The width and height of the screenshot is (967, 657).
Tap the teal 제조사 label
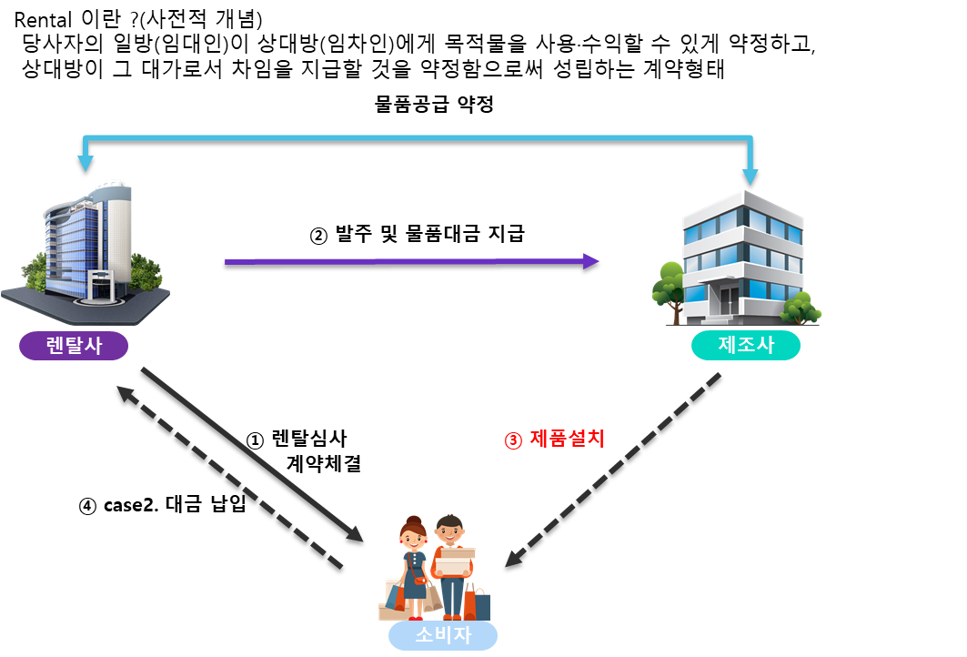tap(745, 346)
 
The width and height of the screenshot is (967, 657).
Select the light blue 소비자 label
tap(443, 635)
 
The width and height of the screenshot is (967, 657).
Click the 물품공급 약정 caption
tap(434, 105)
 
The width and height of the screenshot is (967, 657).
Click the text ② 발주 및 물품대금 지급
tap(418, 234)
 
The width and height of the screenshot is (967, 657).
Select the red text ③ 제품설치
tap(555, 439)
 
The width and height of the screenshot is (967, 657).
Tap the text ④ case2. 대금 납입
tap(163, 506)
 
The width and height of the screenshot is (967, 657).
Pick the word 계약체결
tap(324, 463)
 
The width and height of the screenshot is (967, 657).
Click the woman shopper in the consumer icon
tap(414, 560)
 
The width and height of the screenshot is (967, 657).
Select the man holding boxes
tap(452, 560)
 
